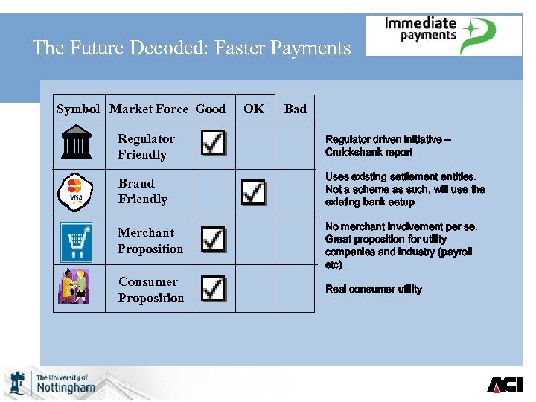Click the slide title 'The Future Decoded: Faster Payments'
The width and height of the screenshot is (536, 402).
pos(191,48)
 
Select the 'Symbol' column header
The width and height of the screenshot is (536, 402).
pos(78,109)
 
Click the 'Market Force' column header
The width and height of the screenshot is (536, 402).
pos(149,109)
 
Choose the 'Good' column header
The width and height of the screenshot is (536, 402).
pos(211,109)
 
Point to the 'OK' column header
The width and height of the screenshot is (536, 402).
pos(254,109)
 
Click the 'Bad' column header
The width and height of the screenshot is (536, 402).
pos(296,109)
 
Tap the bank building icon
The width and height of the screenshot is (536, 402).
pos(77,142)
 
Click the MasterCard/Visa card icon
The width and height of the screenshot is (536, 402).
pos(75,191)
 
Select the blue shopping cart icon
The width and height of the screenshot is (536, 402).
pos(75,241)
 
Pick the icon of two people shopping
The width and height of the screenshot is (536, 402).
pos(74,287)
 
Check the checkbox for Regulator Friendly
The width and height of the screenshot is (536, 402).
pos(214,141)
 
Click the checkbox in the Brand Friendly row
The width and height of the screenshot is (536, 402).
pos(254,192)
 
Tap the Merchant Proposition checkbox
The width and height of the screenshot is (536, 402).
pos(214,239)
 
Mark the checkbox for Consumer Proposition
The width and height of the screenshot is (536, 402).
pos(214,288)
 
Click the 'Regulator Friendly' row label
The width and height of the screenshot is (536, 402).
pos(146,147)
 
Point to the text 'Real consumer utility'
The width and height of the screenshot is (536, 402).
pos(374,289)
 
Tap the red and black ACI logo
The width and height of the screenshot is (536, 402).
pos(505,384)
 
